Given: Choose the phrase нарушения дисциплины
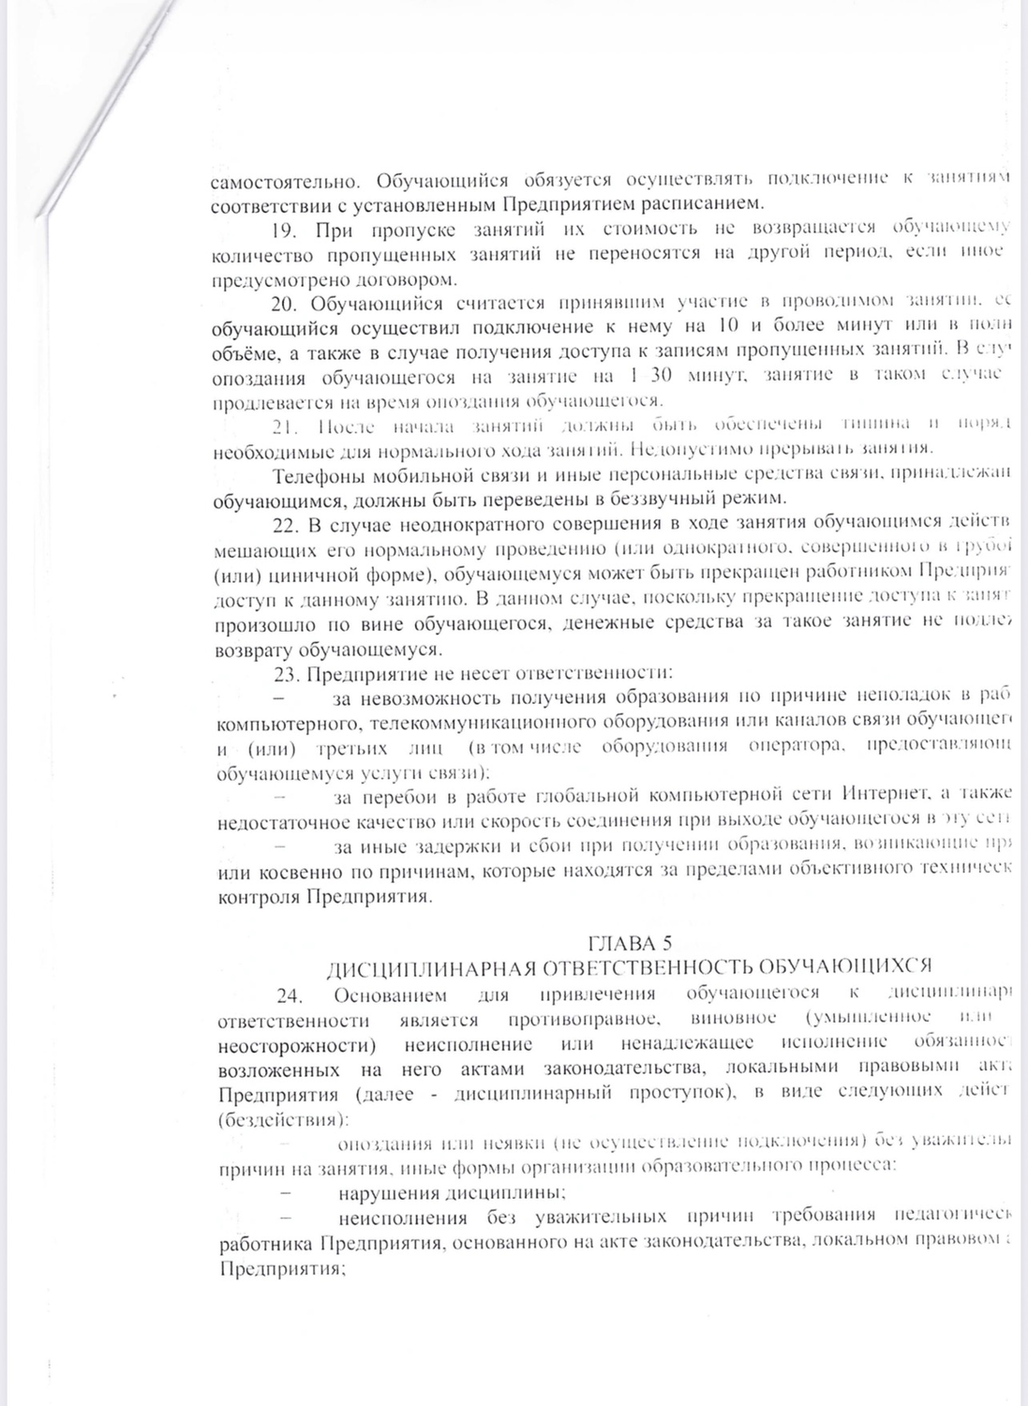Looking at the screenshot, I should tap(452, 1192).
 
